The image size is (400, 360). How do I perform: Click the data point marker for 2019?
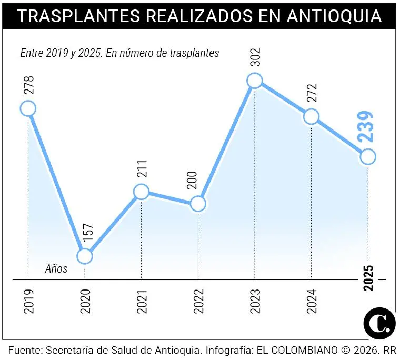click(28, 108)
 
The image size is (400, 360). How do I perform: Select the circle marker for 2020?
click(85, 256)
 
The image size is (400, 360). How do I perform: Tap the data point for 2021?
click(141, 192)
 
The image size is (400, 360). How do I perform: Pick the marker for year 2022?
click(198, 204)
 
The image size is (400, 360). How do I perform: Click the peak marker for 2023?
click(255, 81)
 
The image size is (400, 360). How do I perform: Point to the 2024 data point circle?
click(311, 116)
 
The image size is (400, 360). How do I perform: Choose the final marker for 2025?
click(368, 156)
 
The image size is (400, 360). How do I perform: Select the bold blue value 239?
click(366, 127)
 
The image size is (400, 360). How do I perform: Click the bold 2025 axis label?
click(368, 277)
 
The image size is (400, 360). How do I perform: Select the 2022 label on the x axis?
click(198, 302)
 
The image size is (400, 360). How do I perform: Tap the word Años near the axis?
click(56, 269)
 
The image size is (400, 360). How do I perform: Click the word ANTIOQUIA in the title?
click(334, 16)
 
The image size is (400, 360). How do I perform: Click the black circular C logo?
click(379, 323)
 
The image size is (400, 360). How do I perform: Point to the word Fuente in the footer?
click(24, 350)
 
